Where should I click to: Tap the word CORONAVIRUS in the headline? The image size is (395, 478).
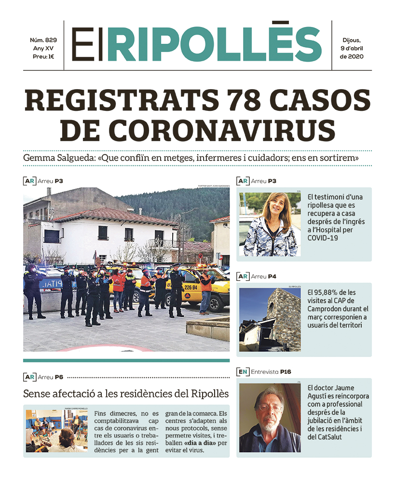point(225,129)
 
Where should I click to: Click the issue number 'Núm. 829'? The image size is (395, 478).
point(43,40)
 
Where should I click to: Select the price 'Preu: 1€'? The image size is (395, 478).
point(43,56)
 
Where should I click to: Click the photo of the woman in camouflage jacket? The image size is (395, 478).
point(270,224)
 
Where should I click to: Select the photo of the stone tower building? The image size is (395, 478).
point(270,319)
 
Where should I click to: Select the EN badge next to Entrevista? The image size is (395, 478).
point(243,372)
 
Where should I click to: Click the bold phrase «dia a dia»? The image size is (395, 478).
point(199,442)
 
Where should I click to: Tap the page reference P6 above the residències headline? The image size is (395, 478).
point(59,377)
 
